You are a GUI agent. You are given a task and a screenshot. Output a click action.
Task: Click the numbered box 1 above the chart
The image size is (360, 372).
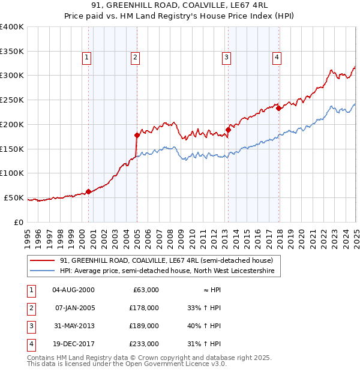pyautogui.click(x=87, y=58)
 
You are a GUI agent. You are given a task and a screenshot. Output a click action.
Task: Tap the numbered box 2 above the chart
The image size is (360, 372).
pyautogui.click(x=136, y=58)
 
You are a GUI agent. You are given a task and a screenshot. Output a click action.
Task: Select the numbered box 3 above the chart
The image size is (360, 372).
pyautogui.click(x=227, y=58)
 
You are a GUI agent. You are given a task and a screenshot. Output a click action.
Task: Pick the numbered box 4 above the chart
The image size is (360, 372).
pyautogui.click(x=277, y=58)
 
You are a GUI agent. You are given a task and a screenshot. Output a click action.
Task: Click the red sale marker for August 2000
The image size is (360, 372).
pyautogui.click(x=88, y=191)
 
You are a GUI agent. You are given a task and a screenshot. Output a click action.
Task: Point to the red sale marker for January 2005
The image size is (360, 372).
pyautogui.click(x=137, y=135)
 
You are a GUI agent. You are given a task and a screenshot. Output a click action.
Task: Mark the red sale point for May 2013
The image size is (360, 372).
pyautogui.click(x=229, y=130)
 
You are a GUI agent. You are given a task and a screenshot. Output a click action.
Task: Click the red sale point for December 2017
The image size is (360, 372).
pyautogui.click(x=279, y=108)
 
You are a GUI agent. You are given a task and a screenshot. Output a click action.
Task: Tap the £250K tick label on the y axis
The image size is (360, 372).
pyautogui.click(x=12, y=100)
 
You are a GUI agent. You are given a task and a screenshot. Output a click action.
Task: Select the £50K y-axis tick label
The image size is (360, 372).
pyautogui.click(x=14, y=197)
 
